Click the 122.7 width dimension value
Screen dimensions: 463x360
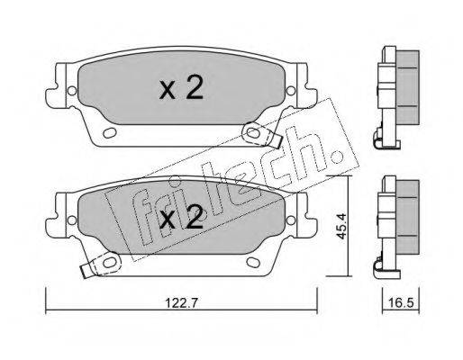[181, 303]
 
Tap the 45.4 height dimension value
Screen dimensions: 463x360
[341, 226]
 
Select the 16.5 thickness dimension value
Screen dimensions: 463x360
[402, 303]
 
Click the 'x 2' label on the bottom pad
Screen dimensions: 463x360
[181, 218]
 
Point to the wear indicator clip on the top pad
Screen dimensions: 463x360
[260, 134]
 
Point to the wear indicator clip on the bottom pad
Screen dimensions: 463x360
[102, 265]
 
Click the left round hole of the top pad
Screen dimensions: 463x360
[72, 91]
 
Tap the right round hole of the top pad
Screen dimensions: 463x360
[290, 91]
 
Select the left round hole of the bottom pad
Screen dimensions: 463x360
[72, 220]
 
